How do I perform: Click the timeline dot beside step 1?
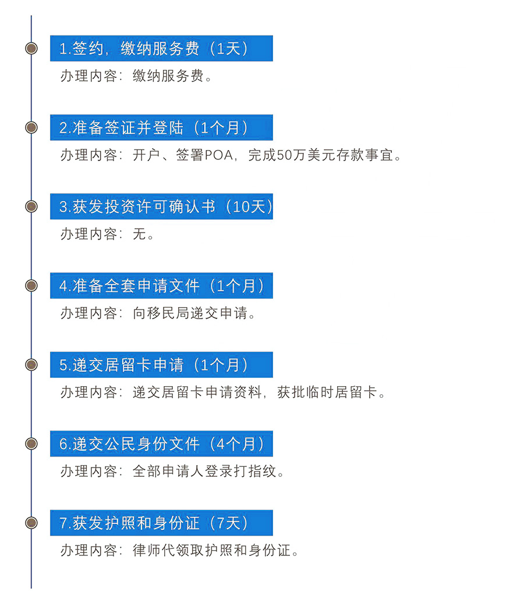(x=31, y=48)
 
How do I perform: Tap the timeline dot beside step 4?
(x=31, y=286)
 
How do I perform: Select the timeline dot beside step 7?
(x=31, y=523)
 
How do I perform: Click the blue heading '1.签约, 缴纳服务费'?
(x=129, y=49)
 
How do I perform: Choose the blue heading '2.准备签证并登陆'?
(x=121, y=127)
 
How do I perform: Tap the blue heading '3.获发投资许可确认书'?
(x=137, y=206)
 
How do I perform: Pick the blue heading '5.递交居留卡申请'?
(x=121, y=365)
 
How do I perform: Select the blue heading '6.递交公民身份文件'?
(x=129, y=444)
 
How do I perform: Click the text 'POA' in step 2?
(x=218, y=155)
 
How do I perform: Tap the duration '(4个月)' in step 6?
(x=237, y=444)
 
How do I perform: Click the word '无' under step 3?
(x=139, y=234)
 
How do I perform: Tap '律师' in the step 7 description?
(x=147, y=551)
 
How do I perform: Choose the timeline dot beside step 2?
(x=31, y=127)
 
